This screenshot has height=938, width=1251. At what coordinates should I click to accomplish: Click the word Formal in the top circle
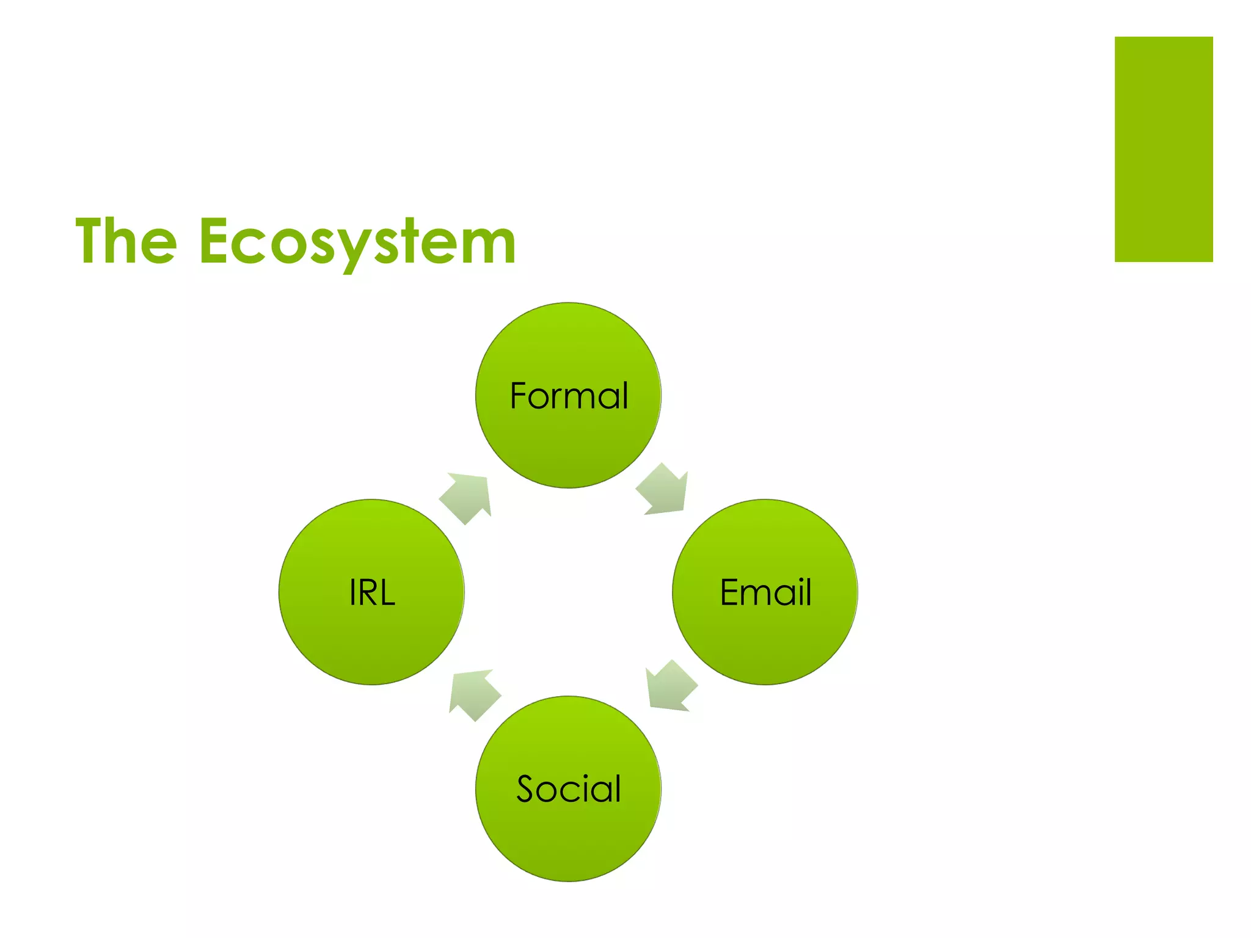[x=569, y=396]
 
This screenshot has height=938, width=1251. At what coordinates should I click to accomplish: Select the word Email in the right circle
[x=765, y=592]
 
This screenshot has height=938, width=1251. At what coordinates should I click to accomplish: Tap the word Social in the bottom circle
[x=569, y=789]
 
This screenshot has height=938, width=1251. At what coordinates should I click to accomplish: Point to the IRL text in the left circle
[x=372, y=592]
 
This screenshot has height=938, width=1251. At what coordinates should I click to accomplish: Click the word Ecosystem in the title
[x=358, y=242]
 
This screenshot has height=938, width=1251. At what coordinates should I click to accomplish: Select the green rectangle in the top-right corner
[x=1163, y=149]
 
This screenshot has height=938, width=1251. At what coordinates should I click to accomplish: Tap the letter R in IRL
[x=368, y=593]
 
